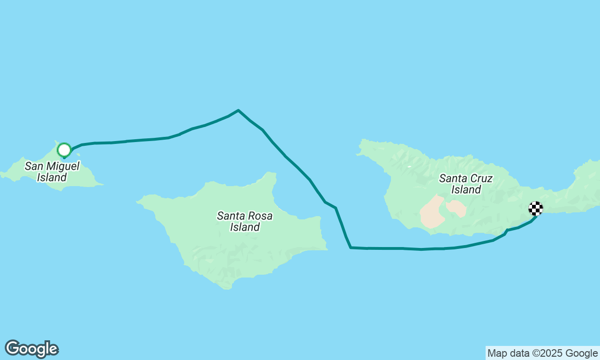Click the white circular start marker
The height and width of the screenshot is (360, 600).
[x=64, y=150]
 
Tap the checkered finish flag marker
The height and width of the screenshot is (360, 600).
[x=536, y=208]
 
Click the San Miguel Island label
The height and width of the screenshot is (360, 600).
[x=52, y=172]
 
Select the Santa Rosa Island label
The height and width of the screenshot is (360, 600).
[x=245, y=222]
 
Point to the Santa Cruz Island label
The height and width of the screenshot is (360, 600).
[x=466, y=184]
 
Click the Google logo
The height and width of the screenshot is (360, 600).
[x=31, y=349]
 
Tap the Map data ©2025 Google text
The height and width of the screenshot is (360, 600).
[x=542, y=353]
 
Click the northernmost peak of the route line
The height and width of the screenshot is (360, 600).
[x=238, y=110]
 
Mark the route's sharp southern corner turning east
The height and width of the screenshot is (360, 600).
[x=351, y=247]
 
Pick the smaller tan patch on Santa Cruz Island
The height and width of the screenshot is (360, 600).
[x=456, y=208]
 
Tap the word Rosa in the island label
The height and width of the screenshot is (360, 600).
[x=261, y=216]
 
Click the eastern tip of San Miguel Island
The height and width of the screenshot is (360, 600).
[x=102, y=185]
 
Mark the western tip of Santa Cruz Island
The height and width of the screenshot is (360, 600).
[x=357, y=154]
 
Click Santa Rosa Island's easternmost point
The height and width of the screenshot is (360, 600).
[x=327, y=249]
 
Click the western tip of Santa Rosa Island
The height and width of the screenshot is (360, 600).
[x=137, y=202]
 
